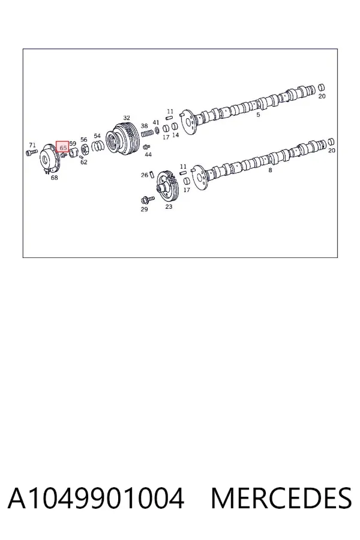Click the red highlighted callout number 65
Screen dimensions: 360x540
(62, 148)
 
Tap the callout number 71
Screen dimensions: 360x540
(32, 145)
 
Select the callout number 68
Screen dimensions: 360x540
(54, 178)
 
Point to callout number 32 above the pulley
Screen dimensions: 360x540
(127, 118)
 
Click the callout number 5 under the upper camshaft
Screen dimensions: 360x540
(258, 115)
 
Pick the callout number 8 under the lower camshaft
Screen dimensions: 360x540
(270, 170)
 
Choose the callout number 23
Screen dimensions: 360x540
(169, 206)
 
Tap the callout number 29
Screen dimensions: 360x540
(144, 209)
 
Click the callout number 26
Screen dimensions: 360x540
(145, 175)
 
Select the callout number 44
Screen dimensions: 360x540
(148, 155)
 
